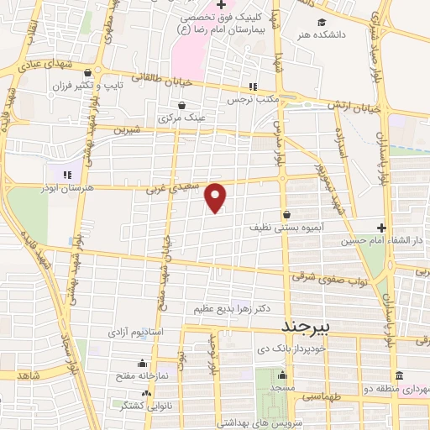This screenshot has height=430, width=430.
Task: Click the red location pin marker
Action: pyautogui.click(x=217, y=197)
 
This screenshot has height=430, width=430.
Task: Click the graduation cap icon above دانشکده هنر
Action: pyautogui.click(x=322, y=23)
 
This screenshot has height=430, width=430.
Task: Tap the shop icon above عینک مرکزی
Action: pyautogui.click(x=181, y=105)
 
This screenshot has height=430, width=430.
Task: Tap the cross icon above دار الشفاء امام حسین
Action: pyautogui.click(x=381, y=227)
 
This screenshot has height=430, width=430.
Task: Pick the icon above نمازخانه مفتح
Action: pyautogui.click(x=141, y=364)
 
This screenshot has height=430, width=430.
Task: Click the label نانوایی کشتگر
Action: pyautogui.click(x=134, y=406)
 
